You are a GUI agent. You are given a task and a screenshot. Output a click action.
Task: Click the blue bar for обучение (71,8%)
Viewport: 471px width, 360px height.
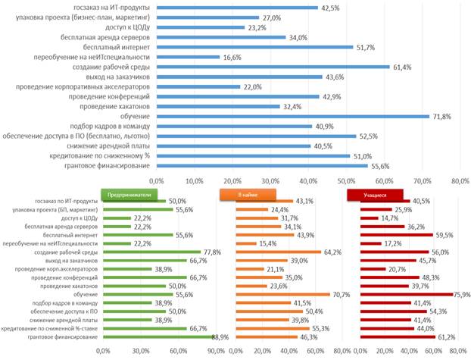[292, 116]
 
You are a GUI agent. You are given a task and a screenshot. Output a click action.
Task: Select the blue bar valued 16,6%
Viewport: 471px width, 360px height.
[188, 57]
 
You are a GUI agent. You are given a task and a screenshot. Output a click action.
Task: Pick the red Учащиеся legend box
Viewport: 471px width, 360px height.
[375, 194]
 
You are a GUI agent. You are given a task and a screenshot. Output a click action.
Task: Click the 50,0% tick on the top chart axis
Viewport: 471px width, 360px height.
[346, 181]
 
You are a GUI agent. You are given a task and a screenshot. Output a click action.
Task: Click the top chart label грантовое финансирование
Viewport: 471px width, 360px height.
[109, 165]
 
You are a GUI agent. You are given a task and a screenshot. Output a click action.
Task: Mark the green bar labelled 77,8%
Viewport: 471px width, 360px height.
[152, 251]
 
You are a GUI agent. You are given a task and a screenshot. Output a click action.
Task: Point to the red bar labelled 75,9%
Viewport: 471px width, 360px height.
[405, 294]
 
